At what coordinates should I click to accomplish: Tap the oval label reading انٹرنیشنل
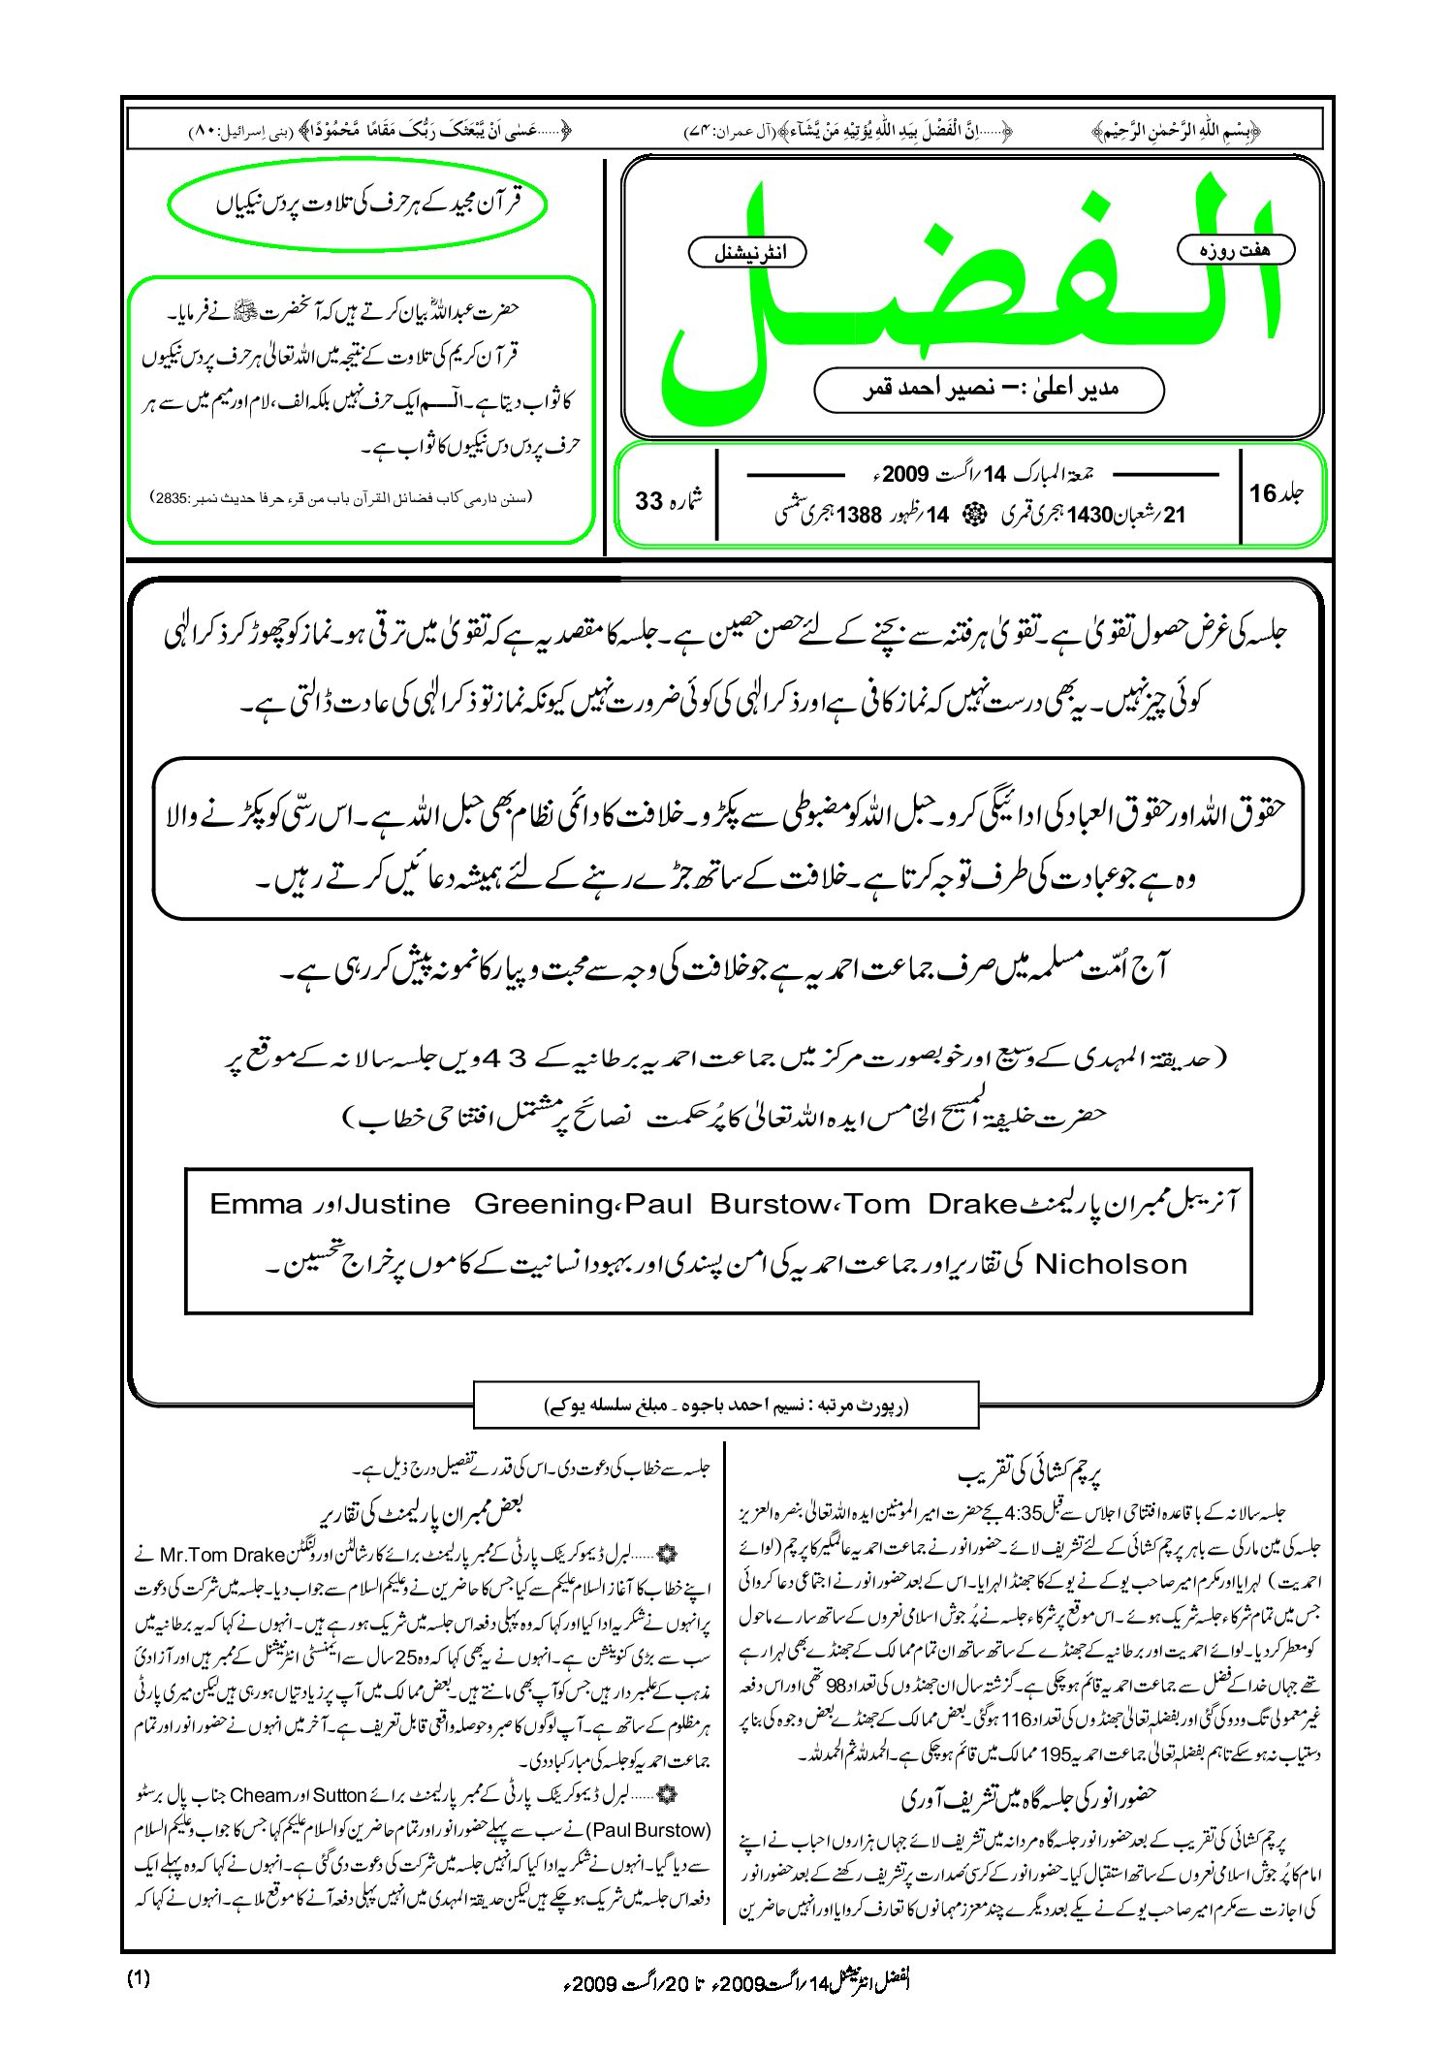746,253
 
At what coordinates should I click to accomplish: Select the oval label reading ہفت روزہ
1235,249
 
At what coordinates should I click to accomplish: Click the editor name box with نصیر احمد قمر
989,390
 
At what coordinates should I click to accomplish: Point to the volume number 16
1263,493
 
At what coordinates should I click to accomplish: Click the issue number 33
648,501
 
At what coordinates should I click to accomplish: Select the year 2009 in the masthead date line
905,474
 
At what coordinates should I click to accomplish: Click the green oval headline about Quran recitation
358,205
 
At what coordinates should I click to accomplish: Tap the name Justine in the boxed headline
398,1205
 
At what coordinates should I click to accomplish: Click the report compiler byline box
725,1405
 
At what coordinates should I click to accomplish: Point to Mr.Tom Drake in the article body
222,1555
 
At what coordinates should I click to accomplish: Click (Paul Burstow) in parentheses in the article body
648,1830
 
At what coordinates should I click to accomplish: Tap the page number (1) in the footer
139,1978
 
